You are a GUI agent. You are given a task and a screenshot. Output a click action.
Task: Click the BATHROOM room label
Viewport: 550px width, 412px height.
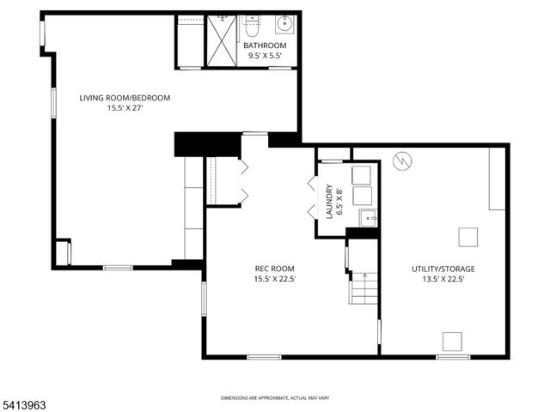[x=264, y=45]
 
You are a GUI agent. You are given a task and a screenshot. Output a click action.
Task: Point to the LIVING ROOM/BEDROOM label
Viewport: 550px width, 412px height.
[x=125, y=98]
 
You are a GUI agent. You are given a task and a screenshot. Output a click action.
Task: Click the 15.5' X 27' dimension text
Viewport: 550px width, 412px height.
[x=125, y=108]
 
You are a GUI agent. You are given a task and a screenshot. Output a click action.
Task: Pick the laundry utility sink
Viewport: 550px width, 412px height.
[x=367, y=216]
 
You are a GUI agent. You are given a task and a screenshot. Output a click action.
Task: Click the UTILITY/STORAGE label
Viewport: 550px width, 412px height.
[x=443, y=268]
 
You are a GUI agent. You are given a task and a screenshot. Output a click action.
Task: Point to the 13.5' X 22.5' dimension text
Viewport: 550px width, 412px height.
[x=443, y=278]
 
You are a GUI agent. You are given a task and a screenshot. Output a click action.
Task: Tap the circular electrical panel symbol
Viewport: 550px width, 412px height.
[x=402, y=160]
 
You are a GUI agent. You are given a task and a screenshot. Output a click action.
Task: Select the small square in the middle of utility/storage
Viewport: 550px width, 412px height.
[x=467, y=235]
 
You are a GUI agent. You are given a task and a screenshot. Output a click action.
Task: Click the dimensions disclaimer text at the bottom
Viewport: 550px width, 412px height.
[x=275, y=397]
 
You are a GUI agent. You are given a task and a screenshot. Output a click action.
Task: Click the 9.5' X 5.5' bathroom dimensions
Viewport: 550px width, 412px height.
[x=264, y=56]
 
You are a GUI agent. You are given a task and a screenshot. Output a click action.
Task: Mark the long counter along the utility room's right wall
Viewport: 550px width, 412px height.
[x=497, y=179]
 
